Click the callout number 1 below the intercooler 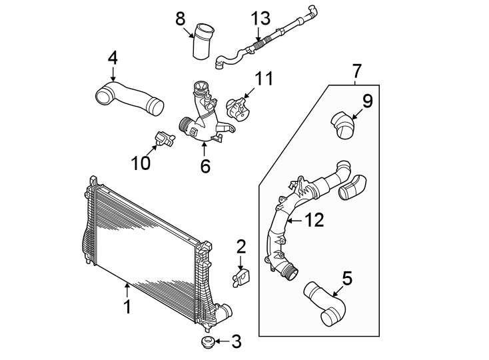127,307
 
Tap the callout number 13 260,18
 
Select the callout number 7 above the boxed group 356,71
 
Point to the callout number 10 141,163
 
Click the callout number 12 314,220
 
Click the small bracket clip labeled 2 241,277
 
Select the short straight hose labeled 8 204,41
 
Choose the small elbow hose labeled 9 342,125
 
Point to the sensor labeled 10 165,139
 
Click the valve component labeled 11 239,109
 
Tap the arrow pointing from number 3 222,341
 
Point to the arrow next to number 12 294,221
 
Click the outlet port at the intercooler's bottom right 225,311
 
